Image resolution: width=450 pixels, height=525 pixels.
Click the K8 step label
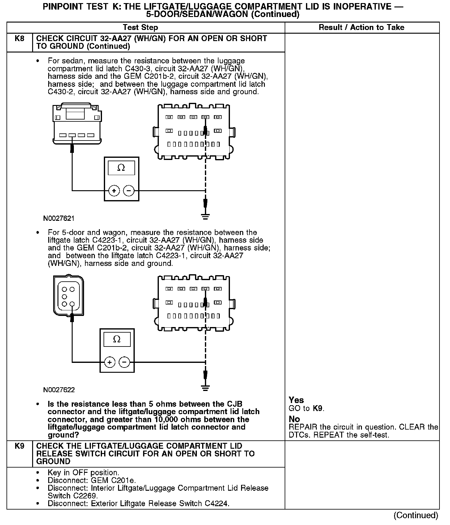(x=19, y=39)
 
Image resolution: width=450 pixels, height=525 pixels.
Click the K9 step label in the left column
(x=19, y=446)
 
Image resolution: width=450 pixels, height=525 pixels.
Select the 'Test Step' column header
(x=140, y=27)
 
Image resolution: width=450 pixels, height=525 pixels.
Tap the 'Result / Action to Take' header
(x=361, y=27)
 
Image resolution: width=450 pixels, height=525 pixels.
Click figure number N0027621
(x=59, y=219)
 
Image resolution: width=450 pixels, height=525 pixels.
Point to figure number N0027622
(x=59, y=390)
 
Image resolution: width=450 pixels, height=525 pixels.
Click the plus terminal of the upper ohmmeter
(x=114, y=191)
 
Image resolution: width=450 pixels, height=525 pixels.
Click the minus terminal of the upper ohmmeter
(x=129, y=191)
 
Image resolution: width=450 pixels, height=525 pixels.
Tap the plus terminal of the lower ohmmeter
(x=109, y=362)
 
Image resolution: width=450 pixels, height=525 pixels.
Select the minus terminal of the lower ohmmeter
(x=124, y=362)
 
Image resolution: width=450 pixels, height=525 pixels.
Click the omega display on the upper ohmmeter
(x=121, y=168)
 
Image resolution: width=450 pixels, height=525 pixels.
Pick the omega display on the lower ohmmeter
(x=117, y=339)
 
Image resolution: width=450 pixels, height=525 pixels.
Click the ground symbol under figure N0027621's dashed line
(x=206, y=216)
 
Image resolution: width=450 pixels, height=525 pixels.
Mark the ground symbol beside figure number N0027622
(x=206, y=388)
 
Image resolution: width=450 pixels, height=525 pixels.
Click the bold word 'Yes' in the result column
(x=296, y=400)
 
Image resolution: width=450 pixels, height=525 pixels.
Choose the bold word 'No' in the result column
(x=294, y=419)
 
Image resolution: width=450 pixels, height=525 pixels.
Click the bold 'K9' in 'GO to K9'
(x=318, y=408)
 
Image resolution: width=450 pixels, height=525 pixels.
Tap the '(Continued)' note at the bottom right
(x=416, y=515)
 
